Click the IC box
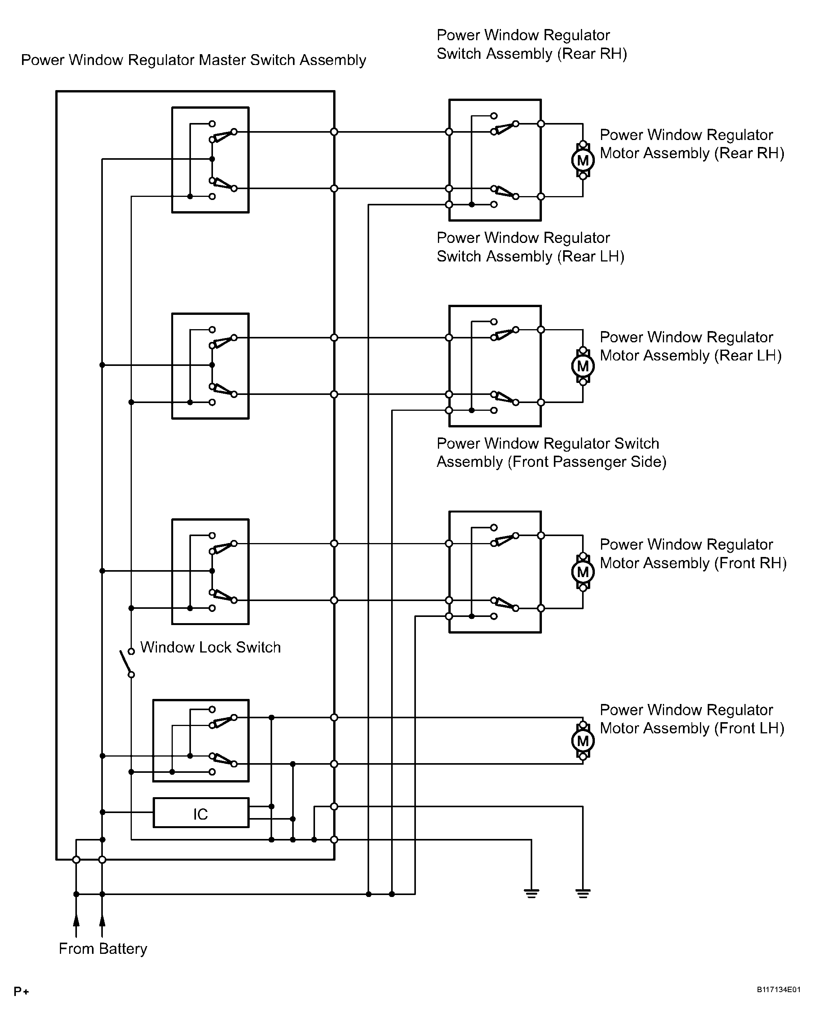(201, 813)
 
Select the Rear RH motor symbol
(582, 160)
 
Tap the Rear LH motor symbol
(582, 366)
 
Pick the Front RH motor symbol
(582, 572)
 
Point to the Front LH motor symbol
(582, 741)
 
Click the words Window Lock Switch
(211, 647)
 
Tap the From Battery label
(103, 948)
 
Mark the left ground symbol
(531, 893)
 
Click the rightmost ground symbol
(582, 893)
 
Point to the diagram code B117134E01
(778, 990)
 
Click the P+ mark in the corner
(21, 992)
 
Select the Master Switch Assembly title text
(193, 60)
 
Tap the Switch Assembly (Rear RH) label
(532, 44)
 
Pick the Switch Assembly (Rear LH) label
(530, 247)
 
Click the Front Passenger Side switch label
(551, 453)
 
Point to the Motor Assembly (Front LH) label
(692, 719)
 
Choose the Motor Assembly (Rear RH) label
(692, 144)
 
